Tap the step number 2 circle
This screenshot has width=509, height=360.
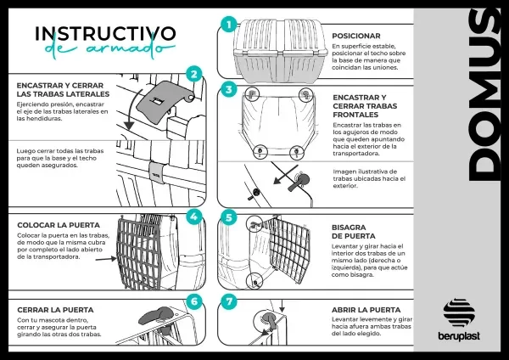194,75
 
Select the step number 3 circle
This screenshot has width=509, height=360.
227,89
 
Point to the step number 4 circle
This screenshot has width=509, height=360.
194,216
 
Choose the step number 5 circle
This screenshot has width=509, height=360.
227,217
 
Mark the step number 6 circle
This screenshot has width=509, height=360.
194,301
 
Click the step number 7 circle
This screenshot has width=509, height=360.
227,301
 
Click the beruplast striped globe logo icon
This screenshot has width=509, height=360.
460,312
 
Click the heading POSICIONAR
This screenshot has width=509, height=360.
356,36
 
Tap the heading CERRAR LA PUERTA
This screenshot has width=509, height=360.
55,310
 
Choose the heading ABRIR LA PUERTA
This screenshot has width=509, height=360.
367,310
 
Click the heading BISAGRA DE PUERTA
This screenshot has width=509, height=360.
350,232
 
